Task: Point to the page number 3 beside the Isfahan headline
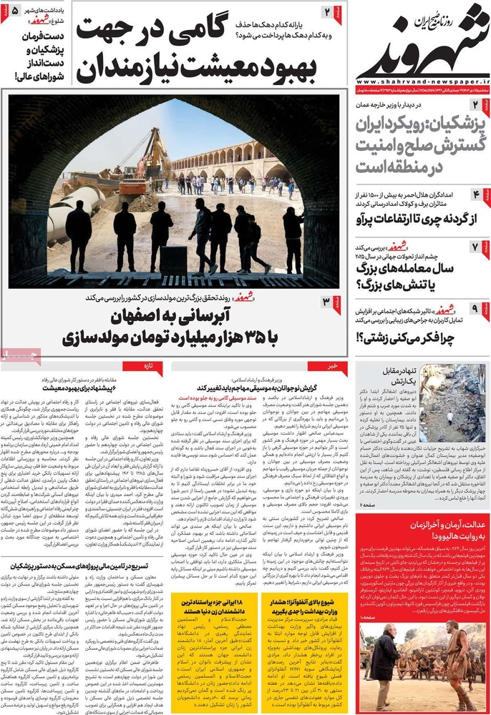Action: coord(326,302)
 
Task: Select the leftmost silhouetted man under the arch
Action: coord(79,236)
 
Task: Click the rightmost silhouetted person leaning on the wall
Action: coord(293,240)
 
